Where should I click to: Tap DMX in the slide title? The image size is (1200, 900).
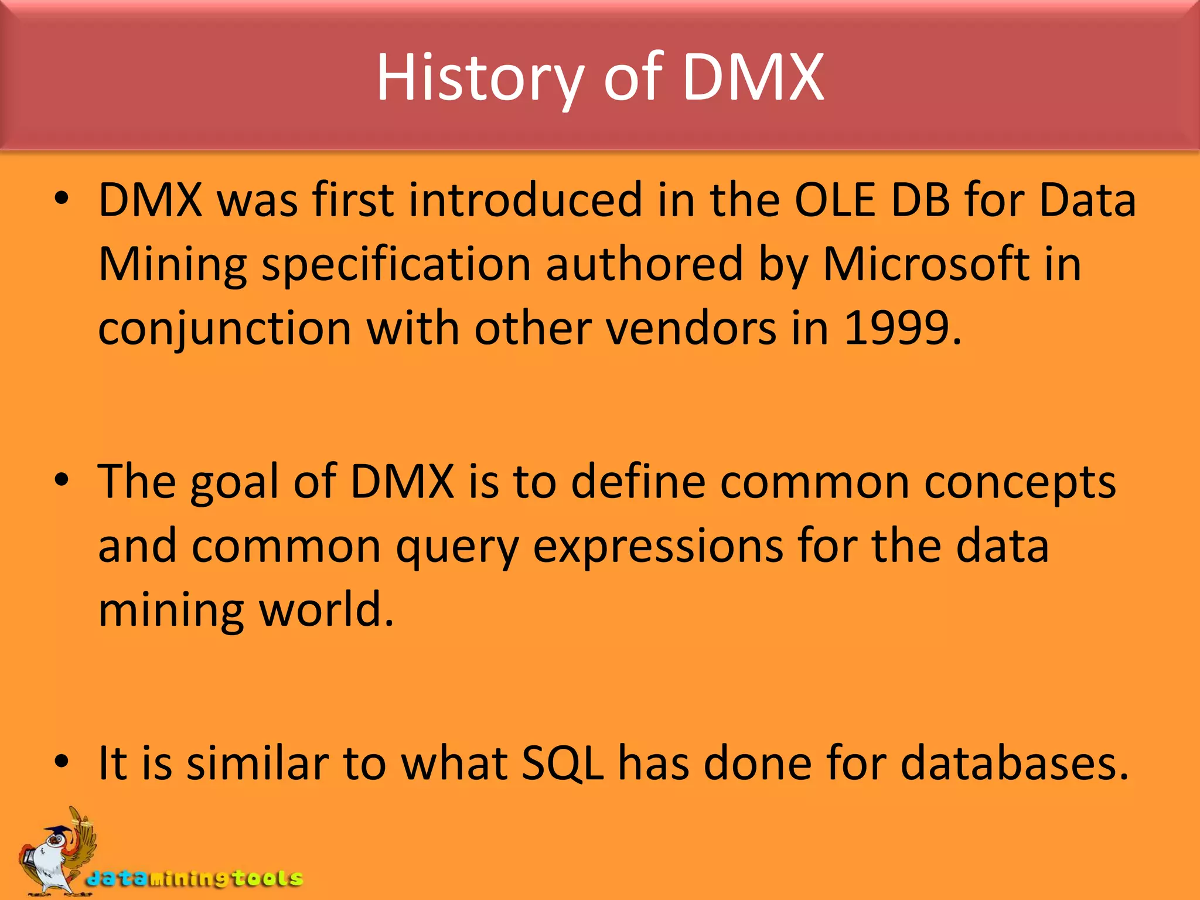(754, 78)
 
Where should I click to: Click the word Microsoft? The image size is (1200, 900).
(926, 264)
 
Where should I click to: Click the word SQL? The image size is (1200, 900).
(562, 763)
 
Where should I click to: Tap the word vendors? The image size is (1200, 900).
(690, 328)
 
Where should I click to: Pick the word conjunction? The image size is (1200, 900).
(224, 328)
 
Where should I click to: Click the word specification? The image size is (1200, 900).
(396, 264)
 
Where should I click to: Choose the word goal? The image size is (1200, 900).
(234, 482)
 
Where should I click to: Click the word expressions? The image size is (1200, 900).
(658, 546)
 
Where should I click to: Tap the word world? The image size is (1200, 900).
(326, 610)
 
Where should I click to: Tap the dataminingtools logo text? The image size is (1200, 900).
(195, 878)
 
